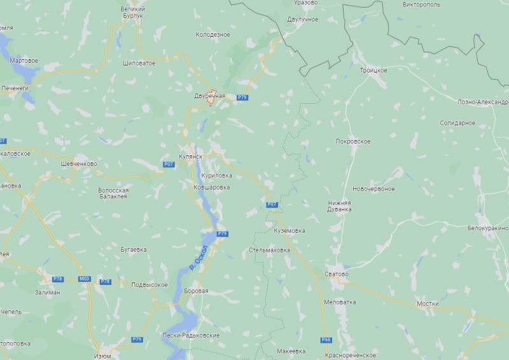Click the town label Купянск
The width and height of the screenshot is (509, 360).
pos(191,156)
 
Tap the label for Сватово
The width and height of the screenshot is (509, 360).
pos(337,274)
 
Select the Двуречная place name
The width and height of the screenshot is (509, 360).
pos(210,95)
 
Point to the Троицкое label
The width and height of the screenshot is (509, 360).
pos(373,69)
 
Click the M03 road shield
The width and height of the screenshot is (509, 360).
pos(85,279)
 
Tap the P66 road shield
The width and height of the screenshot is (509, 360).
pos(326,340)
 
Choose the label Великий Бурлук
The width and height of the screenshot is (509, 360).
pos(132,13)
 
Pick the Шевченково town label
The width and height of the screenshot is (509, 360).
pos(78,163)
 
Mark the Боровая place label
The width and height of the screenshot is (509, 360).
pos(195,291)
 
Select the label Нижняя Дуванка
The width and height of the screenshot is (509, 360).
pos(339,205)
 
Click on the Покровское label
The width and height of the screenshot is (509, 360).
pos(353,141)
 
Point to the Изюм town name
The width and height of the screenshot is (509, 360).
pos(102,356)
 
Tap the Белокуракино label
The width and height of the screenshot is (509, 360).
pos(488,228)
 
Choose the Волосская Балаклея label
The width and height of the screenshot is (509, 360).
pos(113,193)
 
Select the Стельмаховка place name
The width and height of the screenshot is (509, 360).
pos(270,250)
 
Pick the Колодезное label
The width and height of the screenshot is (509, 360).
pos(213,34)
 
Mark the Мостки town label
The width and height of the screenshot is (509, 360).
pos(428,303)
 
